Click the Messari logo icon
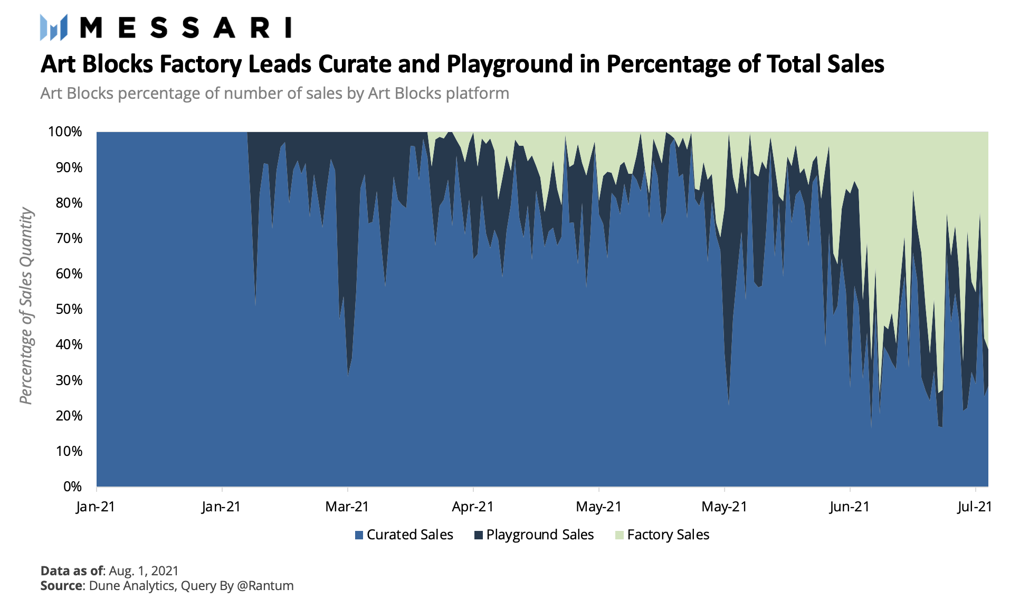pos(54,27)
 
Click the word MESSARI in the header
pos(185,27)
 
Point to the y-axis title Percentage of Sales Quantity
pos(26,306)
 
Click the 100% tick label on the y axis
pos(65,132)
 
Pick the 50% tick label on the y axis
pos(69,309)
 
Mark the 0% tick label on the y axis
pos(72,487)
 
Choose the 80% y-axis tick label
pos(69,203)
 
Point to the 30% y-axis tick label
pos(69,380)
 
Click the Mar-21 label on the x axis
pos(347,507)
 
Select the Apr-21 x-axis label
pos(473,507)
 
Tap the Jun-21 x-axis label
pos(849,507)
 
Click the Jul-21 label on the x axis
pos(975,507)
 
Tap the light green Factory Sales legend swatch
pos(620,535)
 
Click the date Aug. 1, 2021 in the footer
pos(144,571)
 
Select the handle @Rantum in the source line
pos(265,586)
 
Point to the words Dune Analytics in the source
pos(131,586)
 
